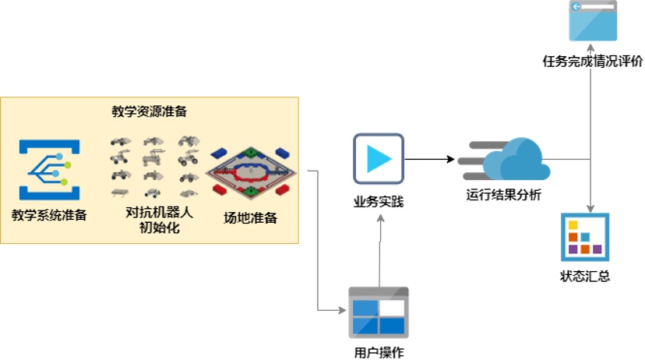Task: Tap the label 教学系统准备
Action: (49, 214)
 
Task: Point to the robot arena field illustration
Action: (252, 169)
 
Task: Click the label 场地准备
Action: (250, 217)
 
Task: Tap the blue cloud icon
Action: (514, 160)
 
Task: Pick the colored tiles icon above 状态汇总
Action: (585, 237)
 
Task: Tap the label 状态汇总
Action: (585, 276)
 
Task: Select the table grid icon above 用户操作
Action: (378, 312)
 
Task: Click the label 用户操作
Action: (379, 351)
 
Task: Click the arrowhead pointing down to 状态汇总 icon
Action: (590, 208)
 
